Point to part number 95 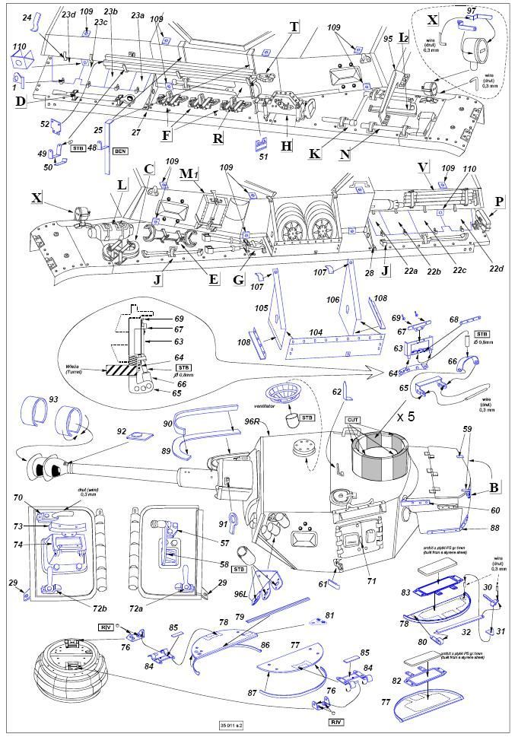(387, 38)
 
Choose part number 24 (27, 17)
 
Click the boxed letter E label (214, 280)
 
